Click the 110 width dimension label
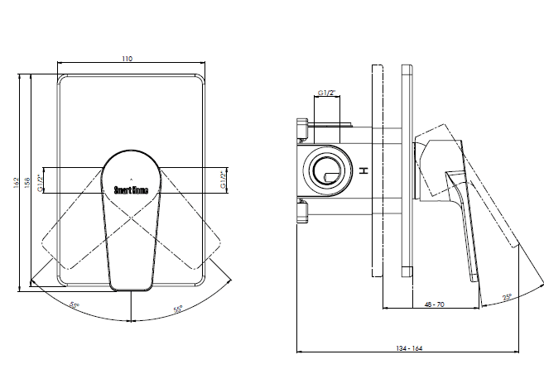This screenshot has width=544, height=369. coord(128,59)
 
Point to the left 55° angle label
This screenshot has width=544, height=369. coord(75,306)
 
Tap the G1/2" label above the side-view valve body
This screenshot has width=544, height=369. coord(326,93)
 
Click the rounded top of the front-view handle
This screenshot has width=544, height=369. coord(131,154)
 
